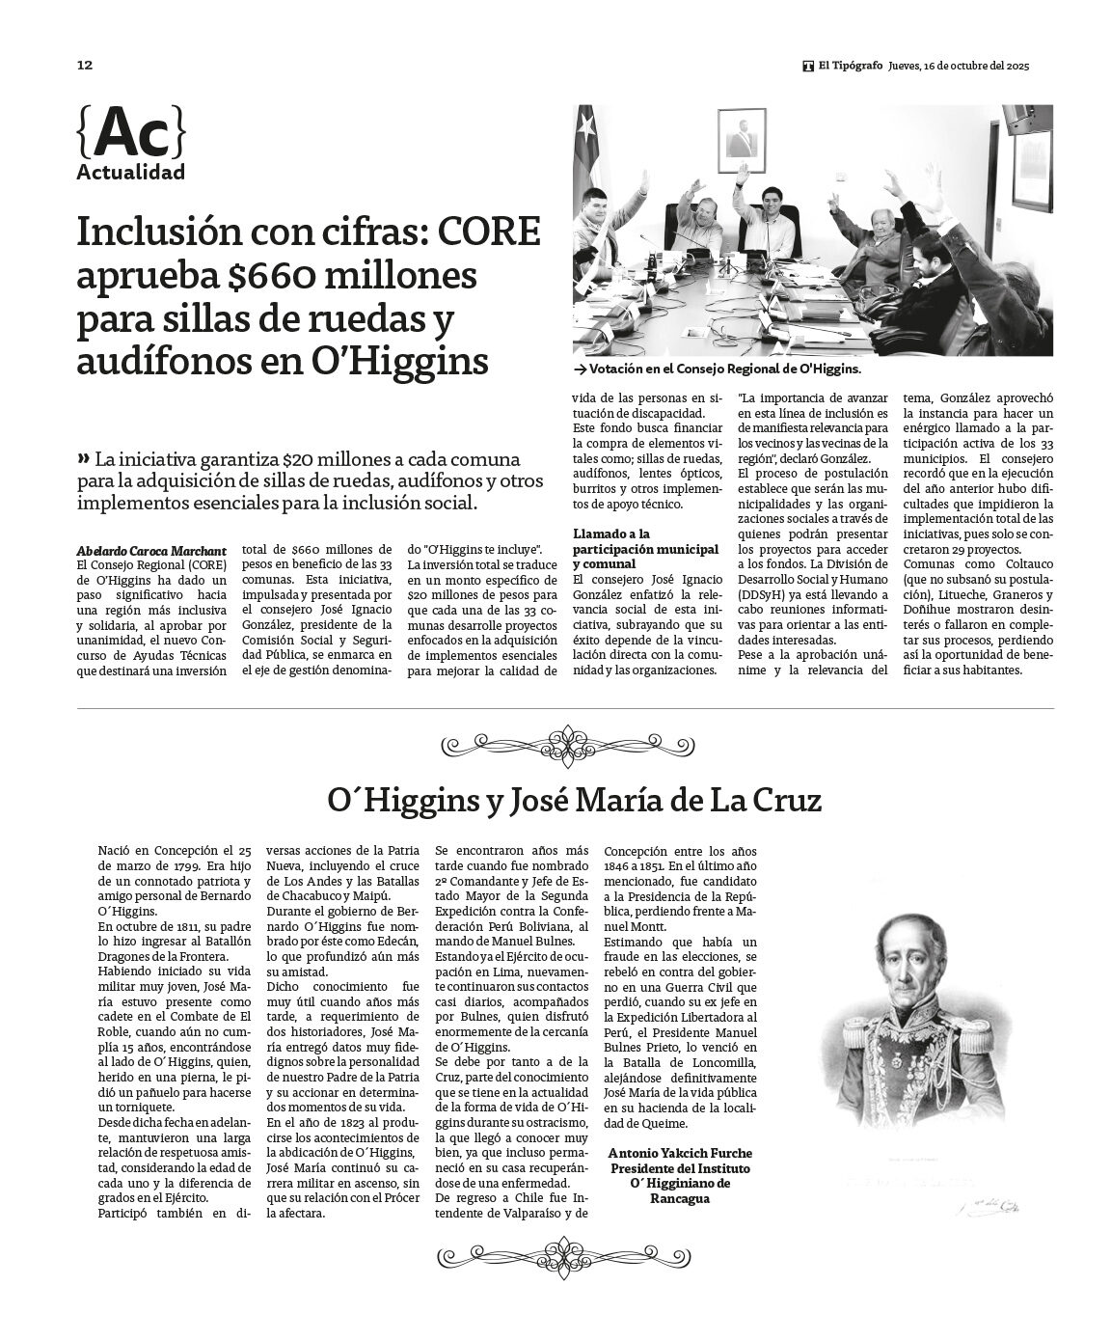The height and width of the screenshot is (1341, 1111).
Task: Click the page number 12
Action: (x=85, y=66)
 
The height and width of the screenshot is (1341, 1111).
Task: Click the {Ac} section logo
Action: (x=130, y=134)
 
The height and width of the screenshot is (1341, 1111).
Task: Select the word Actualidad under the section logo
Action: (x=130, y=174)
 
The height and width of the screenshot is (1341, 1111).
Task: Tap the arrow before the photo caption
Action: (x=579, y=369)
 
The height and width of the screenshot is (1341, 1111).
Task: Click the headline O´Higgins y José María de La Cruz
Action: (x=574, y=801)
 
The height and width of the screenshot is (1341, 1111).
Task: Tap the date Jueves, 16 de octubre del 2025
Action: (x=959, y=67)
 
